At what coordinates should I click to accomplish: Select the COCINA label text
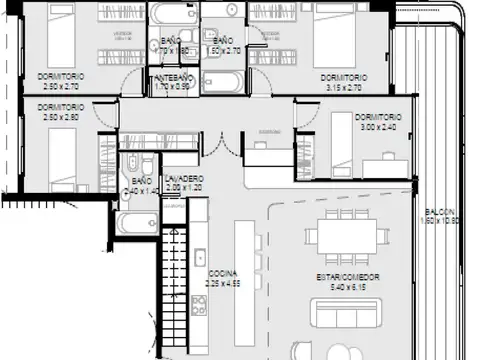222,273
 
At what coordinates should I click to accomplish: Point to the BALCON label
440,212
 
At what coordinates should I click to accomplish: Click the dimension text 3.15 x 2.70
343,88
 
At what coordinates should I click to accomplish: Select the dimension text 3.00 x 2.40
378,127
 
